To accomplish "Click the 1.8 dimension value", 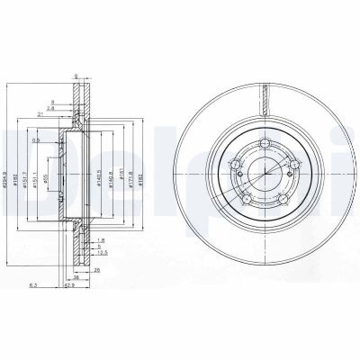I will pyautogui.click(x=102, y=240).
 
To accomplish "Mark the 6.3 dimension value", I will pyautogui.click(x=35, y=284).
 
